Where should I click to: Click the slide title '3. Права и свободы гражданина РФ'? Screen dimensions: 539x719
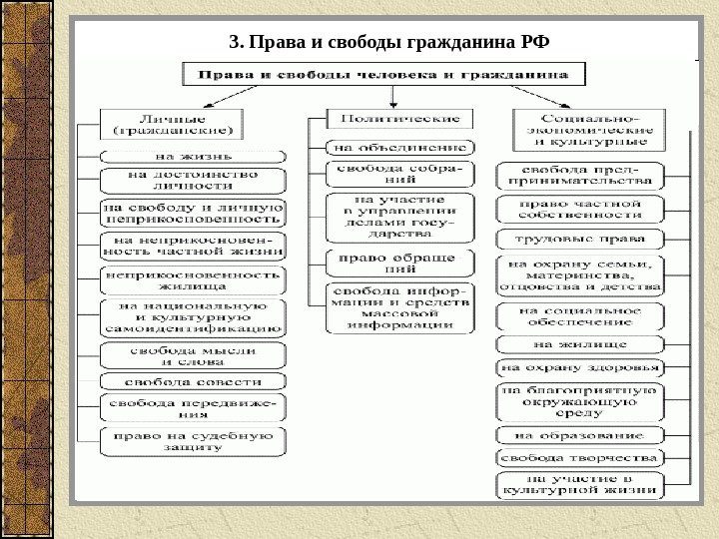(x=389, y=42)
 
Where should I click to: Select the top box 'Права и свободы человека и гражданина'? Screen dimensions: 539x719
(x=382, y=74)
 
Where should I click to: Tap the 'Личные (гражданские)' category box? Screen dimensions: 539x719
(x=170, y=124)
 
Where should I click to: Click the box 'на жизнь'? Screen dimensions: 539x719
(x=192, y=156)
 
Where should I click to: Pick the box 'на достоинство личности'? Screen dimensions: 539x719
(x=192, y=180)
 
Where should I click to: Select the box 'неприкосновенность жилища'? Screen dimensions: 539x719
(x=192, y=279)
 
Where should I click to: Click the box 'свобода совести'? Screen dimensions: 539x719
(x=192, y=382)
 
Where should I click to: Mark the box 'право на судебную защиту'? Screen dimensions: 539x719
(x=192, y=442)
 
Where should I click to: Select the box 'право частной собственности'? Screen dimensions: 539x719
(x=579, y=209)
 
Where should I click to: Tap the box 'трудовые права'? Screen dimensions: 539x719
(x=579, y=239)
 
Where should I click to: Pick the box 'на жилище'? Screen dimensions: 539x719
(x=579, y=343)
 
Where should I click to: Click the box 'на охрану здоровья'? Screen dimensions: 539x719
(x=579, y=367)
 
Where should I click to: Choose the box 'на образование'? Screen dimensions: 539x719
(x=579, y=436)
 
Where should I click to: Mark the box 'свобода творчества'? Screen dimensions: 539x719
(x=579, y=458)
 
